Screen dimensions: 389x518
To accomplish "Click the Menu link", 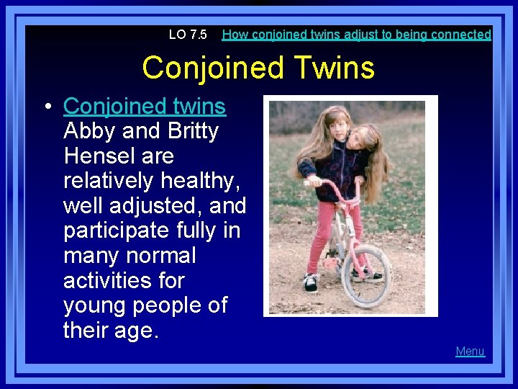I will tap(470, 352).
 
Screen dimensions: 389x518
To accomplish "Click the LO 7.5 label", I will tap(187, 35).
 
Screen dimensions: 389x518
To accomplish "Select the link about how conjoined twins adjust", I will tap(356, 35).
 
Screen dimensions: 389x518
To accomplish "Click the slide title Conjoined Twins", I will tap(258, 68).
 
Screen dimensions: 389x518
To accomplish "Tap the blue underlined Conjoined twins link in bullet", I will tap(145, 107).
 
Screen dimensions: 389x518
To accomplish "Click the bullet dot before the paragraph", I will tap(47, 107).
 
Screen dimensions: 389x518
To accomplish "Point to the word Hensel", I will tap(99, 156).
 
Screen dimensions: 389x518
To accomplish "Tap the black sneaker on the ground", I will tap(311, 282).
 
